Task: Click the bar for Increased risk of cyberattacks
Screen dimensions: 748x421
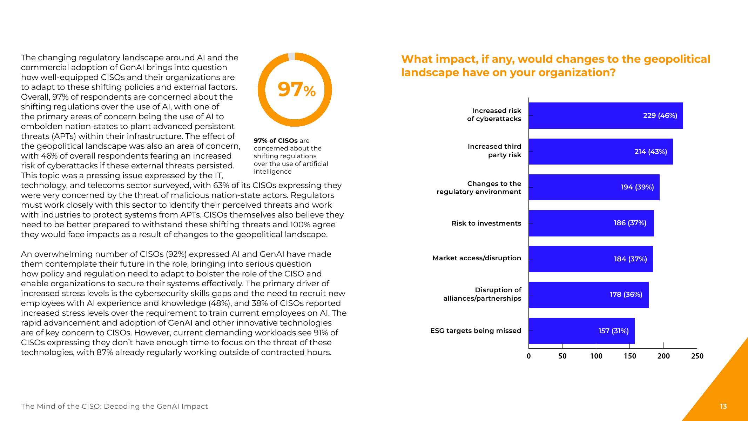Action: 606,115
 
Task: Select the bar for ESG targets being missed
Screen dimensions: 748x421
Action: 581,331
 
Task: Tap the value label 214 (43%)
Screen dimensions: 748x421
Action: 651,152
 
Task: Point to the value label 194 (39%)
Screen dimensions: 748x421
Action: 637,187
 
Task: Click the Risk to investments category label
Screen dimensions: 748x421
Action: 486,223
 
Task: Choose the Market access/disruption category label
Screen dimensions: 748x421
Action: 477,258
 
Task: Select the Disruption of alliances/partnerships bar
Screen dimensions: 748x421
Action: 588,295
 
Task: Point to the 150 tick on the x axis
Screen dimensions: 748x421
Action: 629,346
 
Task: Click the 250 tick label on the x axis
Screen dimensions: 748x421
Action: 697,356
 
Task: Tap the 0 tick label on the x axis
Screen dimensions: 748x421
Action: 529,356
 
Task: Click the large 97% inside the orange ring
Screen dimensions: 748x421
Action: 297,89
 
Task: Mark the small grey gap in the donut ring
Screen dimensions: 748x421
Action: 291,56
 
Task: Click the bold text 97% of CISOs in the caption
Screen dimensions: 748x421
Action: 276,141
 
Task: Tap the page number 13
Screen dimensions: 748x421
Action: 723,406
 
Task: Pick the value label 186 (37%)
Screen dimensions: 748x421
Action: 630,223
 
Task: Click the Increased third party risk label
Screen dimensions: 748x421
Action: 494,151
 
